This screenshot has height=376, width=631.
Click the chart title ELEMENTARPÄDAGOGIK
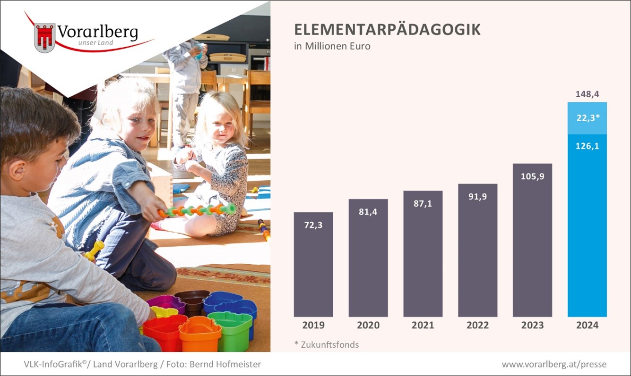pos(387,30)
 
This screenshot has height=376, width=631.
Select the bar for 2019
pos(313,264)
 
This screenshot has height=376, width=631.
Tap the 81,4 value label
pos(368,211)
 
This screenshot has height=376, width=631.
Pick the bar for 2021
pos(423,254)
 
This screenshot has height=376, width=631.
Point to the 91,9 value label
pos(477,196)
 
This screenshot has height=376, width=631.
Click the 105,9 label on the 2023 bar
pos(532,176)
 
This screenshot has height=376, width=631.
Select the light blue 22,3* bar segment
pos(587,118)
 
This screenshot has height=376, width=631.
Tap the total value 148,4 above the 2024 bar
pos(587,94)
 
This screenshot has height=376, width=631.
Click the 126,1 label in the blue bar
pos(587,146)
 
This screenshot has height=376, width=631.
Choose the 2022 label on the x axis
pos(477,325)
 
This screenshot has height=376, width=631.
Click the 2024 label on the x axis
pos(587,325)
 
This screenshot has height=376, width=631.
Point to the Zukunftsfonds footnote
pos(327,344)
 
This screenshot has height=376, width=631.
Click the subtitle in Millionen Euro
pos(332,46)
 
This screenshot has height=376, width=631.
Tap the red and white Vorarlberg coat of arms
pos(44,38)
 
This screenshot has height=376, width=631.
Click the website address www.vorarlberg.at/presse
pos(554,364)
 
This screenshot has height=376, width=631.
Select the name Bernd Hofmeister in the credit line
pos(225,364)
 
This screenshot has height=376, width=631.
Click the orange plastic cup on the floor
pos(200,334)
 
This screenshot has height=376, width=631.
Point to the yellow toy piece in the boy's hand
pos(95,251)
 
